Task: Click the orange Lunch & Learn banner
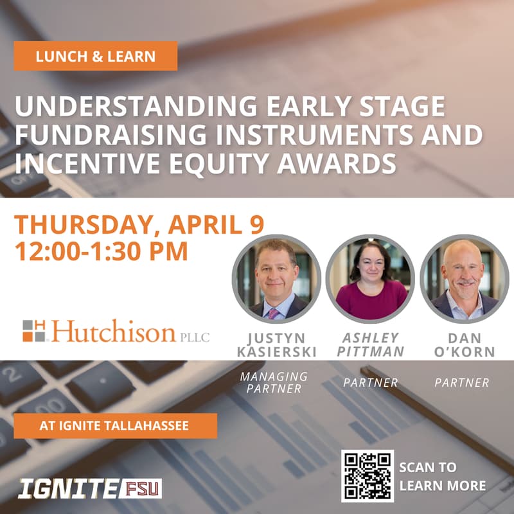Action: (95, 56)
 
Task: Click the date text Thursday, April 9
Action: (139, 225)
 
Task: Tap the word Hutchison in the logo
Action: (114, 332)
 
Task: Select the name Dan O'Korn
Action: (462, 344)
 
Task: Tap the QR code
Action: (367, 476)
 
